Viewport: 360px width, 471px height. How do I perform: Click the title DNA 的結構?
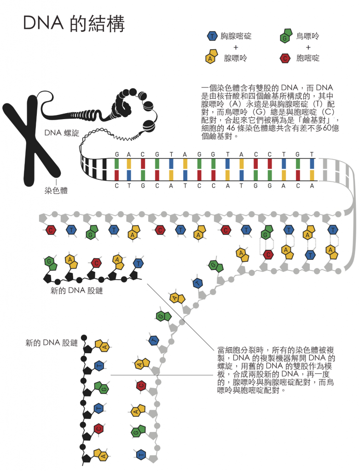click(74, 23)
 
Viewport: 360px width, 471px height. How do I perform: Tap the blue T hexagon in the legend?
click(212, 36)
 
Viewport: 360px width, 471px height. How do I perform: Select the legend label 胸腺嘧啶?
click(236, 36)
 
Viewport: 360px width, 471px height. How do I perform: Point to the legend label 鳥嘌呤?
click(308, 36)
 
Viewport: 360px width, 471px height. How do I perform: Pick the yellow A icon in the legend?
click(211, 57)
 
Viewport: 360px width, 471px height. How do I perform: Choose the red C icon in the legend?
click(285, 58)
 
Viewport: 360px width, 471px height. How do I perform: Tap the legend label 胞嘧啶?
click(308, 58)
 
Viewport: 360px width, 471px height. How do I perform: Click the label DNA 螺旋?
click(62, 133)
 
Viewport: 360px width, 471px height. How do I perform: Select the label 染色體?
click(56, 190)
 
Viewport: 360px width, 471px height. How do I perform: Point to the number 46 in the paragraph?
click(231, 128)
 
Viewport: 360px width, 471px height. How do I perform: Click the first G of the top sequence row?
click(117, 155)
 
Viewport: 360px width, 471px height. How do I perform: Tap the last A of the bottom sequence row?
click(312, 186)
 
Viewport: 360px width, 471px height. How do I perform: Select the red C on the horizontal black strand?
click(96, 263)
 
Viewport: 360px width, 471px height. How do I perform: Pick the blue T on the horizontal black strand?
click(139, 264)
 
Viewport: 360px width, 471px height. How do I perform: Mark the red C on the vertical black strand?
click(99, 429)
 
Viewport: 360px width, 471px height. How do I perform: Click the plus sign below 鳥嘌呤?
click(308, 47)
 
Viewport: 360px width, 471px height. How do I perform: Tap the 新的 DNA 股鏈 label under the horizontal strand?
click(77, 291)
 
